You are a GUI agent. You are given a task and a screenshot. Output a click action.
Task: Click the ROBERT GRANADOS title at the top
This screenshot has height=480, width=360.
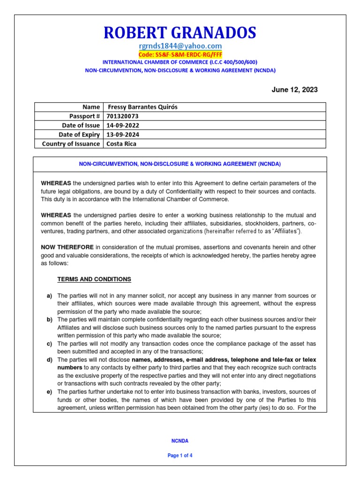180,33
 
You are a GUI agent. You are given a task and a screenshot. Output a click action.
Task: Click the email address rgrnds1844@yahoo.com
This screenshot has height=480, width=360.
180,46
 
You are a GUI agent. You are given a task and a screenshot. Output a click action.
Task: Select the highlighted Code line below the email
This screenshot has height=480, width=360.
180,54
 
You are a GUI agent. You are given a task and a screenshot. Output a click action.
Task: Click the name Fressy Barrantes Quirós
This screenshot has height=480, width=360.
143,107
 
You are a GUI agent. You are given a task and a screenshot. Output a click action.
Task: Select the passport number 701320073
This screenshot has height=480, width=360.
123,116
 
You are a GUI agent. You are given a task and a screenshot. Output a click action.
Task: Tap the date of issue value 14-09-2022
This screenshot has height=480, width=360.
123,125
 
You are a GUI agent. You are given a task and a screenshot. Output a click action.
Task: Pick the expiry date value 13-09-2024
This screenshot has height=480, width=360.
123,135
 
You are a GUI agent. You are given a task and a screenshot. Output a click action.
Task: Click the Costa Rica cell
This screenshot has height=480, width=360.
121,143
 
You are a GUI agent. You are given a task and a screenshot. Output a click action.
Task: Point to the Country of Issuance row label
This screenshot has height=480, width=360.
71,143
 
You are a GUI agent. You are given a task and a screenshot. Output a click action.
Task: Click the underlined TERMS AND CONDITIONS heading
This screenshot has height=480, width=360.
94,279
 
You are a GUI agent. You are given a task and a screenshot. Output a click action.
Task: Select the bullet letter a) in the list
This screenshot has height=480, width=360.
49,296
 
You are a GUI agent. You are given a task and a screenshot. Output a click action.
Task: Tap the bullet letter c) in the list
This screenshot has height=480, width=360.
49,344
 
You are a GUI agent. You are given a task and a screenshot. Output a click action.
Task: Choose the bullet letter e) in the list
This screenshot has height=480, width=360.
49,391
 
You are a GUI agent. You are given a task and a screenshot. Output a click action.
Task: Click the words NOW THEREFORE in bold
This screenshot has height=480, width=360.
67,247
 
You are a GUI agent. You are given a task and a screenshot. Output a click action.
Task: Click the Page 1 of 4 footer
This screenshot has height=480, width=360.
180,455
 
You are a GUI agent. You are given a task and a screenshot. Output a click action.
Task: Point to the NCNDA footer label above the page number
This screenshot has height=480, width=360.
180,441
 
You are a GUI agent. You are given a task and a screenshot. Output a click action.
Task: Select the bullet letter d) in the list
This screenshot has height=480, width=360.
49,360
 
